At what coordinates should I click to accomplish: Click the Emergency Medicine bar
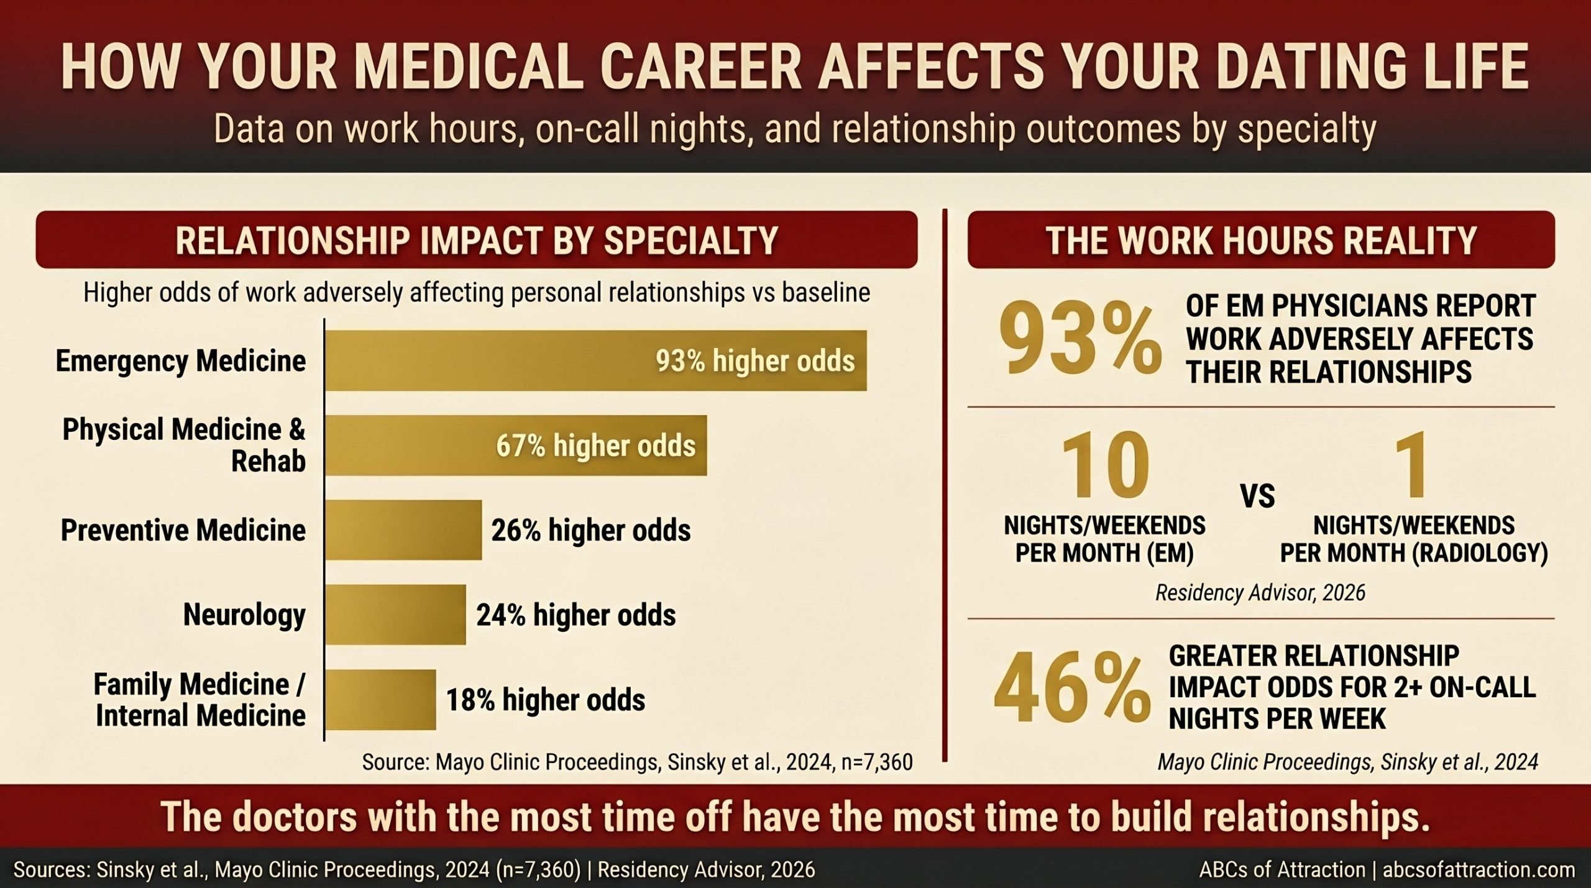595,360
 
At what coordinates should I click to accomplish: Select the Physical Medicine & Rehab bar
516,446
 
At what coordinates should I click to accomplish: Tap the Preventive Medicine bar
403,530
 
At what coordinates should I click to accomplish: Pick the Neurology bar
395,615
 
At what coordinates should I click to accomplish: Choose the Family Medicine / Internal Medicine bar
380,700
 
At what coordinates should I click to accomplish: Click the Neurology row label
244,615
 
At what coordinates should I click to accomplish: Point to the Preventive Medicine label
183,530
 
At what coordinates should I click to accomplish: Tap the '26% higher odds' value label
590,531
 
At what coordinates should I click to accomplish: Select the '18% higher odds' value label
545,700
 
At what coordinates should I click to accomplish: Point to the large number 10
1104,467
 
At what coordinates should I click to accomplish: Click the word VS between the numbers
1257,496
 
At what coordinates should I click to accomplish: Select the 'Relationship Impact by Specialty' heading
476,240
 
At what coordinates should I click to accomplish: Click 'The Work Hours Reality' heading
1260,240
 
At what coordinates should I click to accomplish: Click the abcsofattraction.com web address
1479,870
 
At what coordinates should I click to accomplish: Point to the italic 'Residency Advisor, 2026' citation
1260,593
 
